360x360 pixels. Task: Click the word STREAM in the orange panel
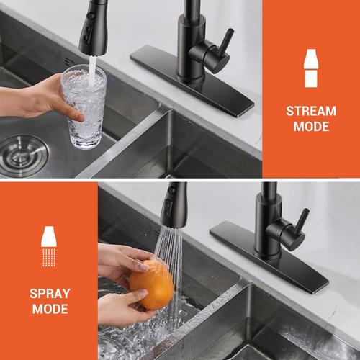[x=311, y=111]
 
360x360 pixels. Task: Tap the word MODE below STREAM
[x=311, y=127]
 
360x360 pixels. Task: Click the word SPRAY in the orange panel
[x=50, y=294]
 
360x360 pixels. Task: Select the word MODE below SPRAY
[x=50, y=309]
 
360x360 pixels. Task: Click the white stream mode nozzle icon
[x=311, y=68]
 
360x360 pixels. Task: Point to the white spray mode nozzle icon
[x=49, y=246]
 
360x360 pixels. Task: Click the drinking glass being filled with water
[x=84, y=107]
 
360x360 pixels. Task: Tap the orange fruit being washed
[x=151, y=284]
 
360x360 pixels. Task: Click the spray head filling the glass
[x=94, y=27]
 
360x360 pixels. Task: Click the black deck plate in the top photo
[x=192, y=81]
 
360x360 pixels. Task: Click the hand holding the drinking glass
[x=38, y=99]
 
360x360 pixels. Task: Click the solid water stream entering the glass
[x=92, y=70]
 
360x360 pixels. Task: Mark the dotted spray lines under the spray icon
[x=49, y=257]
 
